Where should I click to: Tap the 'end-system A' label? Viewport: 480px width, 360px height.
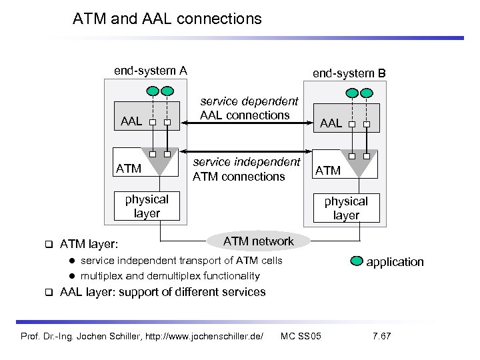tap(150, 70)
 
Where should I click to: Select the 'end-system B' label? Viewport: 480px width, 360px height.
tap(349, 73)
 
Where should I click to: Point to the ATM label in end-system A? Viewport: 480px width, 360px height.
tap(129, 169)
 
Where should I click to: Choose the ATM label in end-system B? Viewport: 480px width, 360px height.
tap(328, 170)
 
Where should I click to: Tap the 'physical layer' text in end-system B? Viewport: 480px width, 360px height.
tap(346, 208)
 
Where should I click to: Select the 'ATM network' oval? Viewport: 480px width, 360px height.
tap(258, 241)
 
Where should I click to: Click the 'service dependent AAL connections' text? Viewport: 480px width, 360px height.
tap(249, 108)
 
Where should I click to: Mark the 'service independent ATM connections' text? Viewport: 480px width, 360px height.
tap(246, 169)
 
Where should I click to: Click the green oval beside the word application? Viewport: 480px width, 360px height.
tap(355, 261)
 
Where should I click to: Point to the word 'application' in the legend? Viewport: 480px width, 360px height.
tap(395, 261)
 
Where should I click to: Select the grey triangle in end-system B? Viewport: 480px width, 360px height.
tap(359, 163)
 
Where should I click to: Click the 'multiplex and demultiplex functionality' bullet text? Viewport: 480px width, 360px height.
tap(170, 275)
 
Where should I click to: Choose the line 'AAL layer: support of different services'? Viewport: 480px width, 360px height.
tap(163, 292)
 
